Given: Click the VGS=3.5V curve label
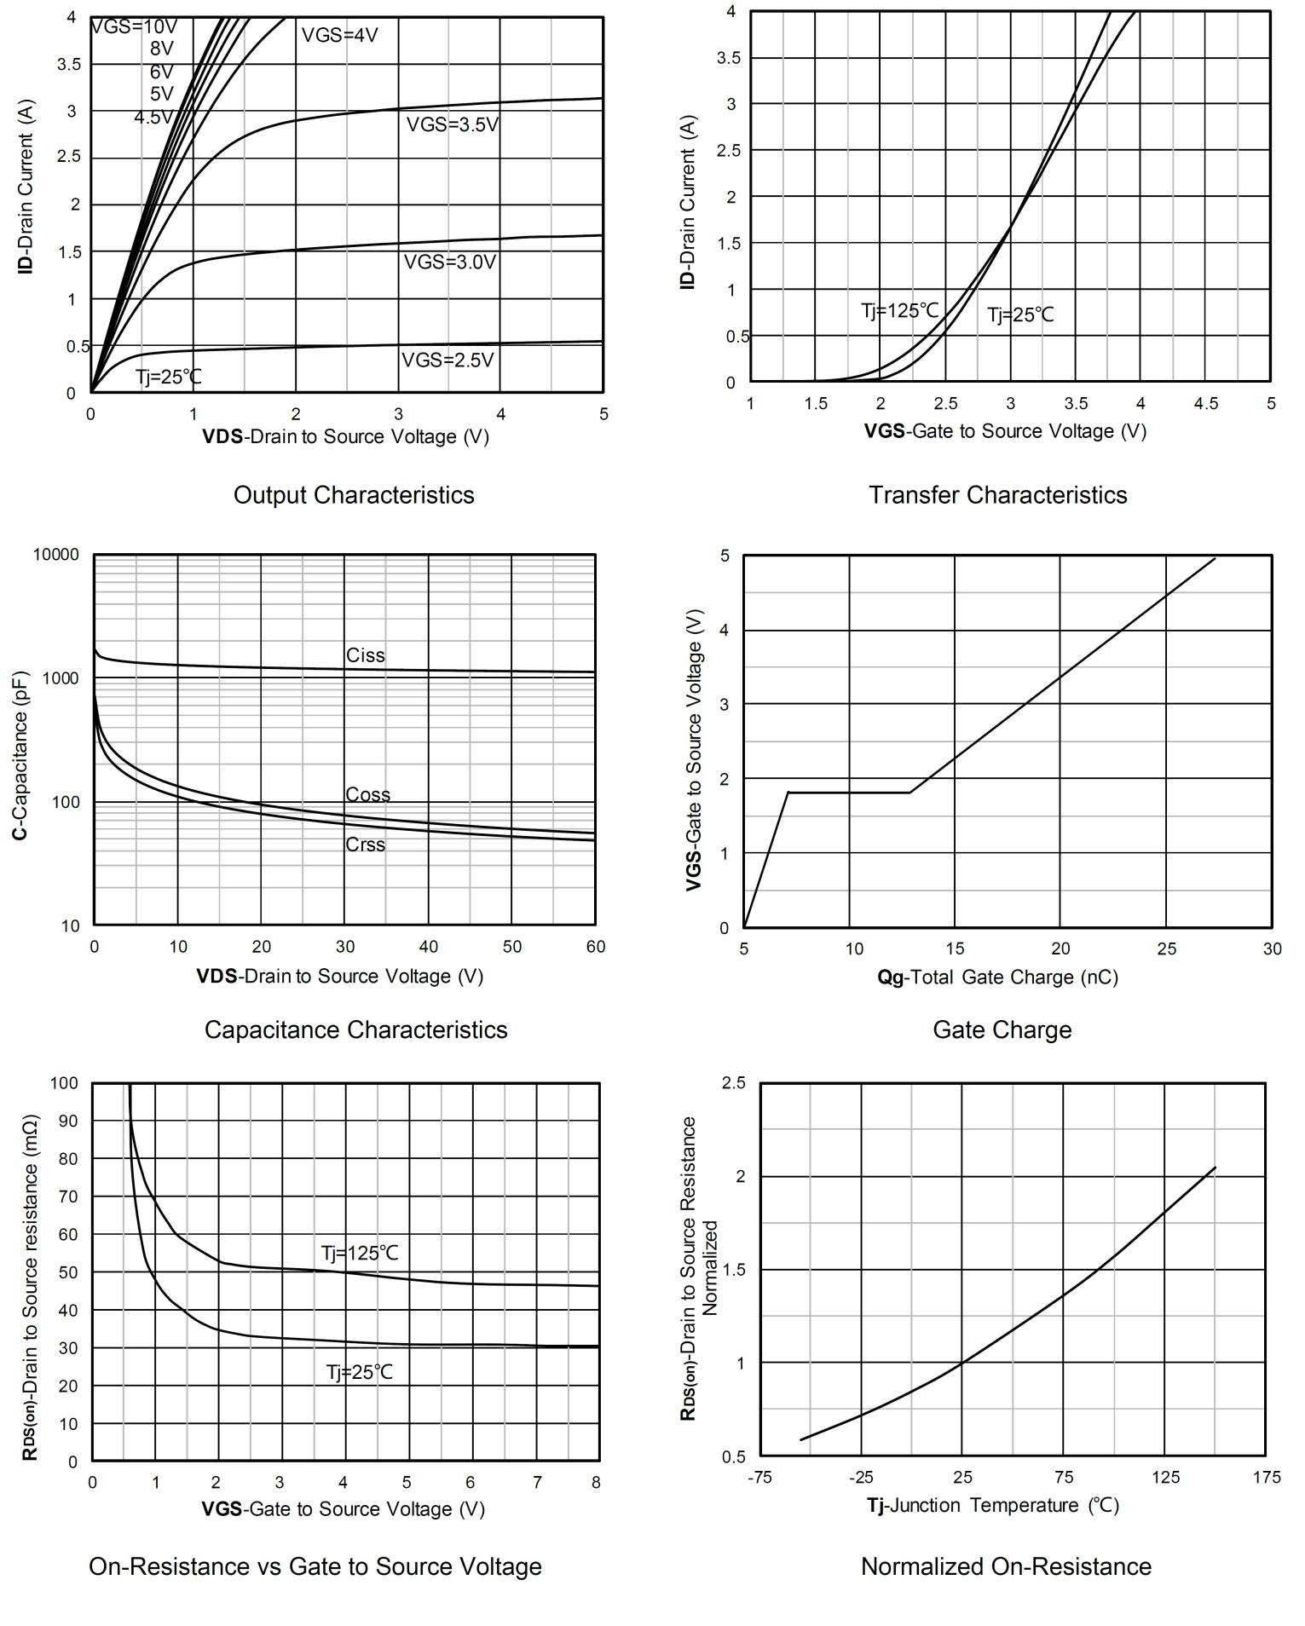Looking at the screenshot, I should pos(452,124).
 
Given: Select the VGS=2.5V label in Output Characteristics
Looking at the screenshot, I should pos(448,360).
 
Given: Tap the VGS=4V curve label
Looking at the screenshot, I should pos(339,35).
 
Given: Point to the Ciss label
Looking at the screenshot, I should pos(365,655).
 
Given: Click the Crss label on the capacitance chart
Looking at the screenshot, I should pos(365,845).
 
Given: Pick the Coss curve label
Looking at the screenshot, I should pos(367,794).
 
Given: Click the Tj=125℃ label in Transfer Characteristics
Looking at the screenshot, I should pos(899,310).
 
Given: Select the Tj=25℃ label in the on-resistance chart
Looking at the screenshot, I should pos(359,1372).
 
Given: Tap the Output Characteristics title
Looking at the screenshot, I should pos(354,494).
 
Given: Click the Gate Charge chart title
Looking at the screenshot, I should pos(1002,1029).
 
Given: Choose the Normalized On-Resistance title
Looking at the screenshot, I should pos(1006,1566).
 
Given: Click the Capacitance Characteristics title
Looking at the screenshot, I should pos(355,1029).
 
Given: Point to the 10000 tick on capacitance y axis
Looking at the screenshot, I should pos(55,555).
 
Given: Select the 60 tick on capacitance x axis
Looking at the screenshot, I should pos(595,947).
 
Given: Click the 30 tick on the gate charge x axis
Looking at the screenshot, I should pos(1272,948).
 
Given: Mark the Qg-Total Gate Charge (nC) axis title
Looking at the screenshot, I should pos(997,977).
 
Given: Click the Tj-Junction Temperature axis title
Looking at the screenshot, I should pos(993,1506).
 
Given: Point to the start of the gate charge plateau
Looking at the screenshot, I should pos(788,793).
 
